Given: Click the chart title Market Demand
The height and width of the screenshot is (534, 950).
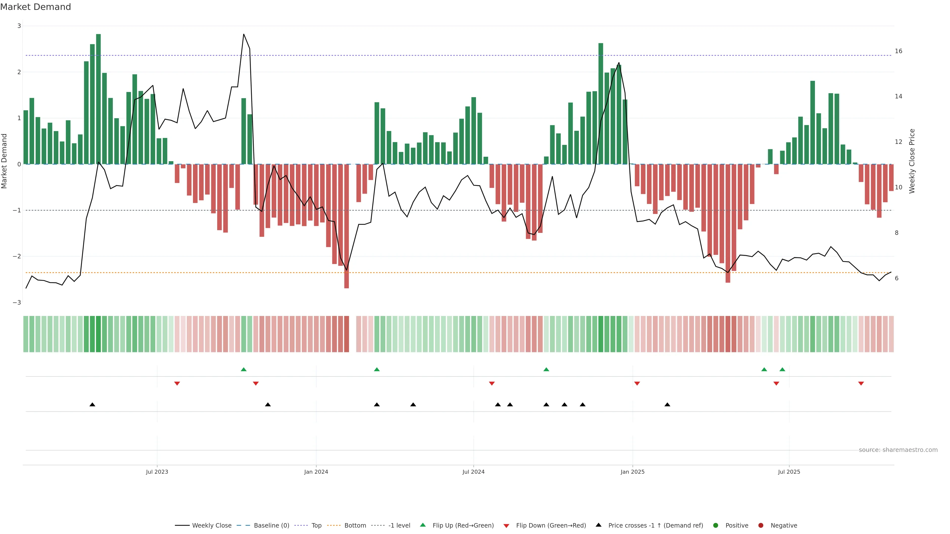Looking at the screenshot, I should tap(35, 7).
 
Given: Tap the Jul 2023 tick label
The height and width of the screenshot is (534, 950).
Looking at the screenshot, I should tap(157, 472).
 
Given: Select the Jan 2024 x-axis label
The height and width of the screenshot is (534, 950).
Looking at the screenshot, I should tap(316, 472).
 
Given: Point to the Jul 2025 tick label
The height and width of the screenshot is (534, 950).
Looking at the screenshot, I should tap(789, 472).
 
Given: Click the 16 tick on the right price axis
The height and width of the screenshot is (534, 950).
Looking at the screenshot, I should tap(898, 51).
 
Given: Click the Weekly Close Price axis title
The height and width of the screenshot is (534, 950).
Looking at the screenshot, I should tap(912, 161).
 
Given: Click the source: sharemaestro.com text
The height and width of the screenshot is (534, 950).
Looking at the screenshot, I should tap(898, 450).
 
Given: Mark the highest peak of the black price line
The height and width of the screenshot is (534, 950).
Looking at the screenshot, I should tap(244, 34).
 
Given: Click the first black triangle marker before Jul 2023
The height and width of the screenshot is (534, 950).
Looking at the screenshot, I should tap(93, 405).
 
